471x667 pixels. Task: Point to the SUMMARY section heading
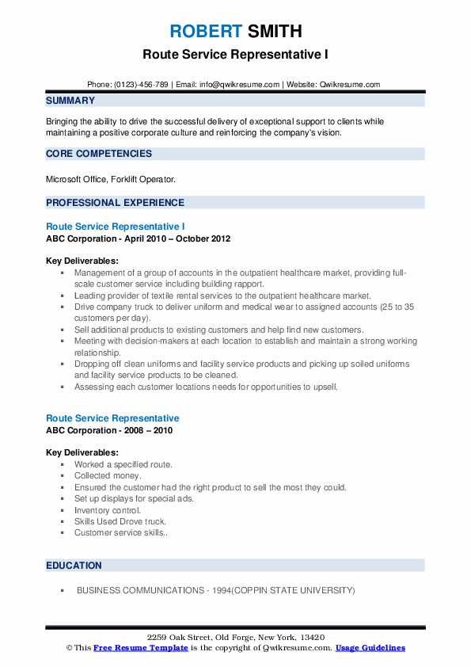[x=70, y=101]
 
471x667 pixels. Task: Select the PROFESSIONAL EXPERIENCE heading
[x=115, y=202]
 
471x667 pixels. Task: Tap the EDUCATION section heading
[x=74, y=566]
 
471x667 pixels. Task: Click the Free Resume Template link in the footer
[x=140, y=648]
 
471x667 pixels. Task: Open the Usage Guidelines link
[x=370, y=648]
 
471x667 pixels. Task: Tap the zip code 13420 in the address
[x=311, y=638]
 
